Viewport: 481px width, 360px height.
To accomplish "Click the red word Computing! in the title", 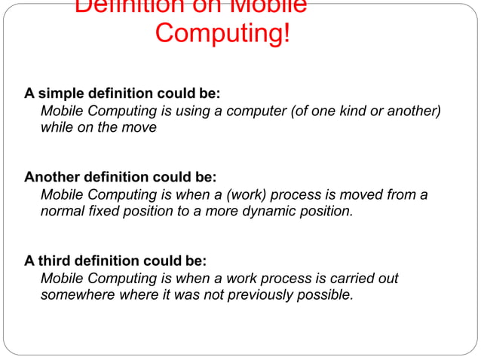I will (x=222, y=34).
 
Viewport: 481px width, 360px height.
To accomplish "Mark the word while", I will (x=57, y=127).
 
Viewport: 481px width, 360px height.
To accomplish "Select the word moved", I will (x=366, y=195).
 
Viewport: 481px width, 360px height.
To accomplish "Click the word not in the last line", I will (x=214, y=294).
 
